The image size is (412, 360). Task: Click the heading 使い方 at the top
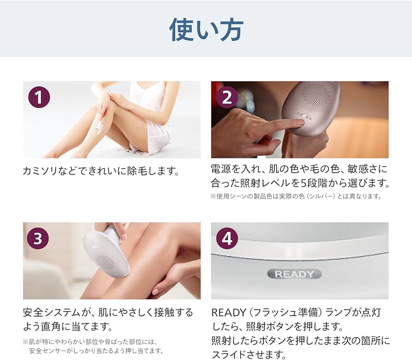(206, 29)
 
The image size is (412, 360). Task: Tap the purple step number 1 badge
(39, 97)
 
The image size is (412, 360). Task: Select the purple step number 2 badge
(227, 97)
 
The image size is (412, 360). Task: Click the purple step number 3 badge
(39, 238)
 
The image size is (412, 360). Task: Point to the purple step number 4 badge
(227, 238)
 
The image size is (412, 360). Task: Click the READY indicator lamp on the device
(294, 274)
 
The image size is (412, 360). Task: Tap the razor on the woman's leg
(98, 124)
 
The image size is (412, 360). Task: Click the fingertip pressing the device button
(300, 122)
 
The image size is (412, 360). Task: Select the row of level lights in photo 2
(304, 117)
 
